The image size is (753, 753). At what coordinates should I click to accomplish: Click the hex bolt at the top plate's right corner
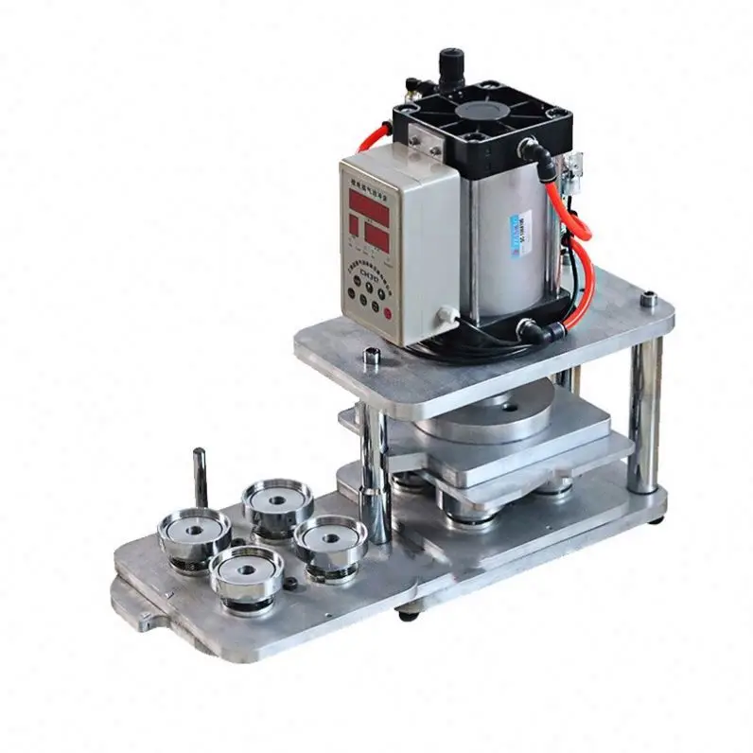tap(647, 301)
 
